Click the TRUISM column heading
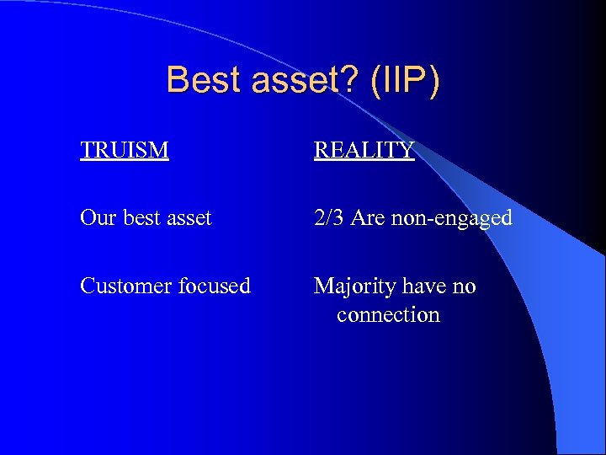[125, 150]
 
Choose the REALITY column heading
[364, 150]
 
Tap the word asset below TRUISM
[190, 218]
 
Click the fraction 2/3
[329, 218]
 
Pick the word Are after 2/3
[368, 218]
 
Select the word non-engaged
[452, 219]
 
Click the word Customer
[126, 286]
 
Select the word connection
[388, 315]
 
